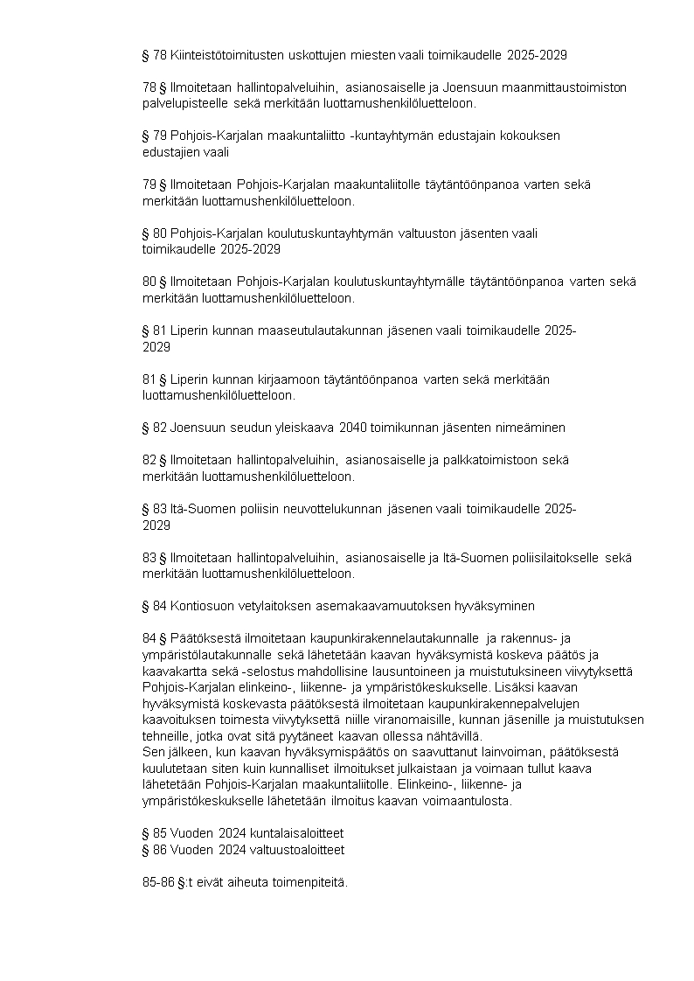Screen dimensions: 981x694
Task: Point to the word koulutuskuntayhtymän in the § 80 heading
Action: click(305, 233)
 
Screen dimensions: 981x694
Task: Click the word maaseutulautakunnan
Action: click(318, 330)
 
